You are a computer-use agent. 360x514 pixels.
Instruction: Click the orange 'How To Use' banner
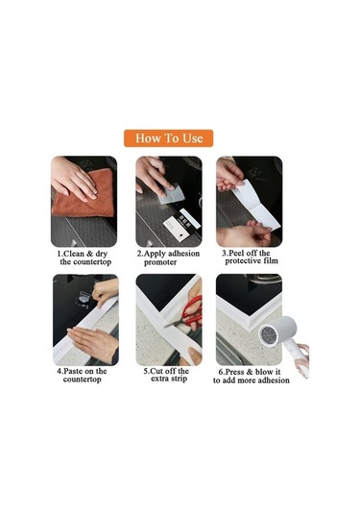(169, 137)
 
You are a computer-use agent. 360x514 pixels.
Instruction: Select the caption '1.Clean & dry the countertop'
(84, 257)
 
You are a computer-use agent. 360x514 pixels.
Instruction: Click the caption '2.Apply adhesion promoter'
(168, 257)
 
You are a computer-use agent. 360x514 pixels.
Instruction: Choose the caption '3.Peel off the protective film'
(249, 257)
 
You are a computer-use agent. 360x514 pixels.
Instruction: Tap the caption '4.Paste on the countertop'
(84, 375)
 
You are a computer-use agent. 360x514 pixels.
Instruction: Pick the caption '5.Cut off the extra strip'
(168, 375)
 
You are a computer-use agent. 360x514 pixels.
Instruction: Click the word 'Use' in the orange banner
(191, 137)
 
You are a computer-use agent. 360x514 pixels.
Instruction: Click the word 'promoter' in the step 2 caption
(161, 262)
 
